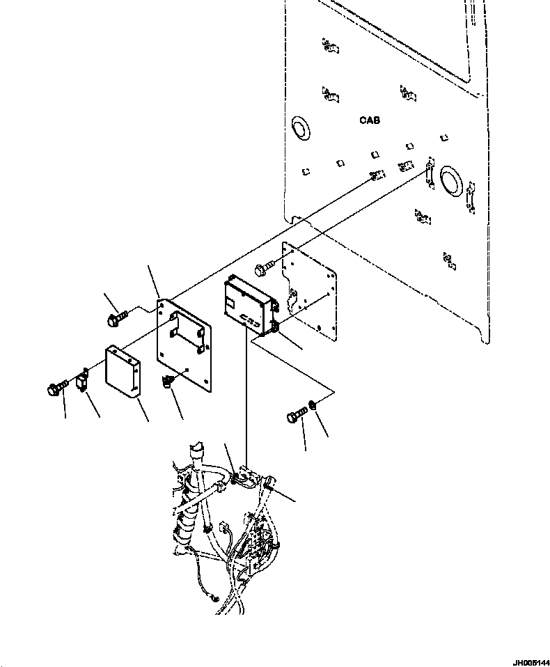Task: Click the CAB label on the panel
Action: pyautogui.click(x=370, y=120)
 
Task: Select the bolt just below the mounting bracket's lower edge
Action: pyautogui.click(x=168, y=381)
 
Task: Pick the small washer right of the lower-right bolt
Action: pyautogui.click(x=315, y=405)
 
